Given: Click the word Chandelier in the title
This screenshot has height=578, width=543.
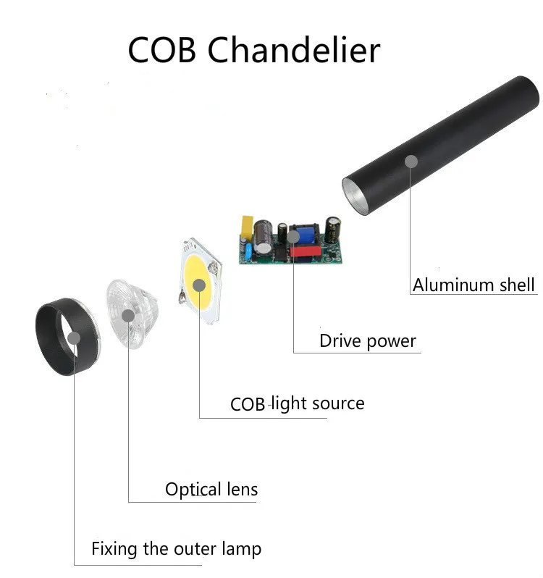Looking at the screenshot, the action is [294, 51].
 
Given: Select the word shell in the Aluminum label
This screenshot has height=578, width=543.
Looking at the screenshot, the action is [515, 285].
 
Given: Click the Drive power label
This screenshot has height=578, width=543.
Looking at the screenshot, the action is [368, 341].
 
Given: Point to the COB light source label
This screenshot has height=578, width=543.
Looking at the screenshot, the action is [297, 403].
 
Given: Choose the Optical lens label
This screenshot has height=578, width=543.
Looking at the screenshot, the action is [211, 490].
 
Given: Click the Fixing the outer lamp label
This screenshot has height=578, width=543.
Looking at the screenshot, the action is [176, 549].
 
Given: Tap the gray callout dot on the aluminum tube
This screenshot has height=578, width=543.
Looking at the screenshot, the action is [411, 161].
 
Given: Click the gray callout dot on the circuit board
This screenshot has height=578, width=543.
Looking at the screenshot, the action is [292, 236].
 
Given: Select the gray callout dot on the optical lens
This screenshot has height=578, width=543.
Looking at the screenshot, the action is [128, 315].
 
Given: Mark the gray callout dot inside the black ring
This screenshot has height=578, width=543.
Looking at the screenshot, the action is [73, 337].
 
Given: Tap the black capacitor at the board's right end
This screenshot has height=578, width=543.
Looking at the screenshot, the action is [333, 228].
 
